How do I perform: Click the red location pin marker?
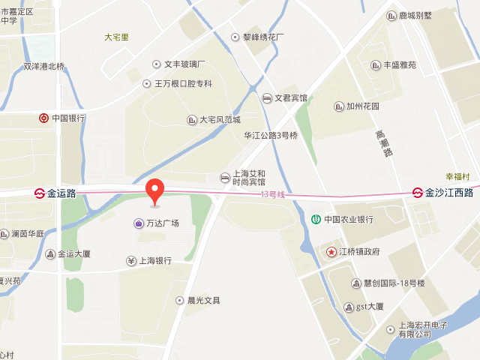[x=154, y=190]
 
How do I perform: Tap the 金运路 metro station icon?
[x=39, y=193]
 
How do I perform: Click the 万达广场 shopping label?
[x=162, y=223]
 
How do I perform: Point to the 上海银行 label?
[x=155, y=261]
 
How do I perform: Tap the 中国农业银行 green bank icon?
[x=316, y=220]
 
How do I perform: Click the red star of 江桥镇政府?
[x=331, y=252]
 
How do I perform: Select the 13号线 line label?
[x=273, y=195]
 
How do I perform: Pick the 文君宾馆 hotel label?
[x=290, y=98]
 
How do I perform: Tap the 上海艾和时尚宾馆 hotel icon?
[x=225, y=177]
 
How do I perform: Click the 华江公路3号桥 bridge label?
[x=271, y=136]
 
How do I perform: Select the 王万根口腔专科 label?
[x=183, y=83]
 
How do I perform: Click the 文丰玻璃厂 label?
[x=184, y=64]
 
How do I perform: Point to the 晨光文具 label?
[x=203, y=301]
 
